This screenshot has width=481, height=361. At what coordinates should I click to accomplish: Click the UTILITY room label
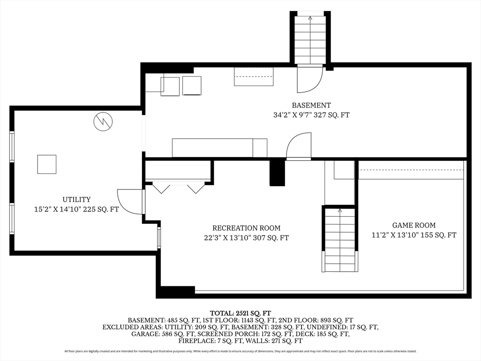tap(76, 199)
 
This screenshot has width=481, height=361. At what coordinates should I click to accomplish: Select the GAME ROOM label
tap(413, 225)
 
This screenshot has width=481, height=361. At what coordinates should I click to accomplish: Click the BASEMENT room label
tap(311, 105)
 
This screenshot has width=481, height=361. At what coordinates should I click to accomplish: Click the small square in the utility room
tap(47, 164)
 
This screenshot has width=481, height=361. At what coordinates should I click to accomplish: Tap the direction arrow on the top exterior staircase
tap(310, 19)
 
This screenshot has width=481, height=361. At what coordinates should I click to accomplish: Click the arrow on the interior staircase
tap(339, 211)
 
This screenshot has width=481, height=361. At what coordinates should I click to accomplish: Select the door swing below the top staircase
tap(309, 79)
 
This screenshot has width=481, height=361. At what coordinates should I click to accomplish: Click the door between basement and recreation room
tap(299, 146)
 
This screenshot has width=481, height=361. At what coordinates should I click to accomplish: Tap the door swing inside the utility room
tap(130, 202)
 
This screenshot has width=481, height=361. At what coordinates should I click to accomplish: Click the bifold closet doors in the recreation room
tap(178, 188)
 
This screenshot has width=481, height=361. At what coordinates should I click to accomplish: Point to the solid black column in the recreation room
tap(277, 173)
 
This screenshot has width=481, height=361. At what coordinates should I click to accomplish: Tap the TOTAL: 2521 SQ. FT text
tap(240, 313)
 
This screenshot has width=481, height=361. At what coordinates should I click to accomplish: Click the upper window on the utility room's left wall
tap(12, 147)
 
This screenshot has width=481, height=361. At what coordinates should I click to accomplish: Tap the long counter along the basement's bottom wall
tap(219, 148)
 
